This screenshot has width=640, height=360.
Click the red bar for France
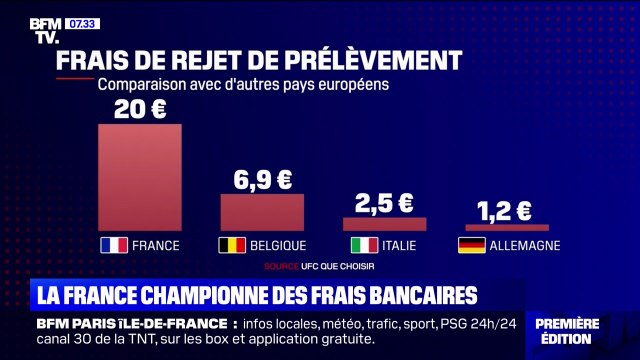pyautogui.click(x=140, y=177)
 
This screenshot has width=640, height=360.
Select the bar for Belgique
pyautogui.click(x=262, y=212)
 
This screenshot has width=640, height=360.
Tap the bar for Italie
pyautogui.click(x=384, y=224)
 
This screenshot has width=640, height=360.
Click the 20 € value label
pyautogui.click(x=140, y=109)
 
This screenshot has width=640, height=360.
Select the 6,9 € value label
pyautogui.click(x=262, y=180)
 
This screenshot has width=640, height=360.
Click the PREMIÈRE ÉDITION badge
pyautogui.click(x=581, y=331)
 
